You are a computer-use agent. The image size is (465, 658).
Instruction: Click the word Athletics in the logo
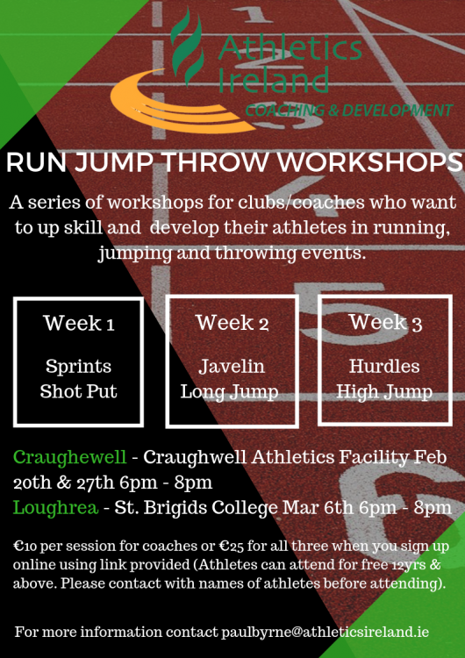pyautogui.click(x=290, y=48)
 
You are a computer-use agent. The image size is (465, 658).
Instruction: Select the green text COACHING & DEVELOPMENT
pyautogui.click(x=349, y=111)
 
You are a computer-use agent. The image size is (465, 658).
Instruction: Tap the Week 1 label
pyautogui.click(x=79, y=323)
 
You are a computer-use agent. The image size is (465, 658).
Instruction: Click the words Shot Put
pyautogui.click(x=78, y=391)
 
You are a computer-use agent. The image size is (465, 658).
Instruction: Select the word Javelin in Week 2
pyautogui.click(x=232, y=367)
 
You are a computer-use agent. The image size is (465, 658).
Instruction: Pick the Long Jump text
pyautogui.click(x=230, y=392)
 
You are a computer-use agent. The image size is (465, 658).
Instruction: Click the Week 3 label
pyautogui.click(x=385, y=322)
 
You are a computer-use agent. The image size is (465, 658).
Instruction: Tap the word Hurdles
pyautogui.click(x=384, y=366)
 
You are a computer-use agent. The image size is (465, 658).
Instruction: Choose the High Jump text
pyautogui.click(x=384, y=392)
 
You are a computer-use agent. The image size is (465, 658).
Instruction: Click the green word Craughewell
pyautogui.click(x=69, y=457)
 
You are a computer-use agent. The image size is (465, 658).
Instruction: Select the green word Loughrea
pyautogui.click(x=56, y=508)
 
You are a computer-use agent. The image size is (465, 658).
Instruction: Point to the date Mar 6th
pyautogui.click(x=318, y=508)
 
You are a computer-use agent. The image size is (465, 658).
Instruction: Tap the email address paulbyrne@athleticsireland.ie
pyautogui.click(x=325, y=632)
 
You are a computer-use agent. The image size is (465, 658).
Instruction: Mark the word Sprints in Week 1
pyautogui.click(x=78, y=367)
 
